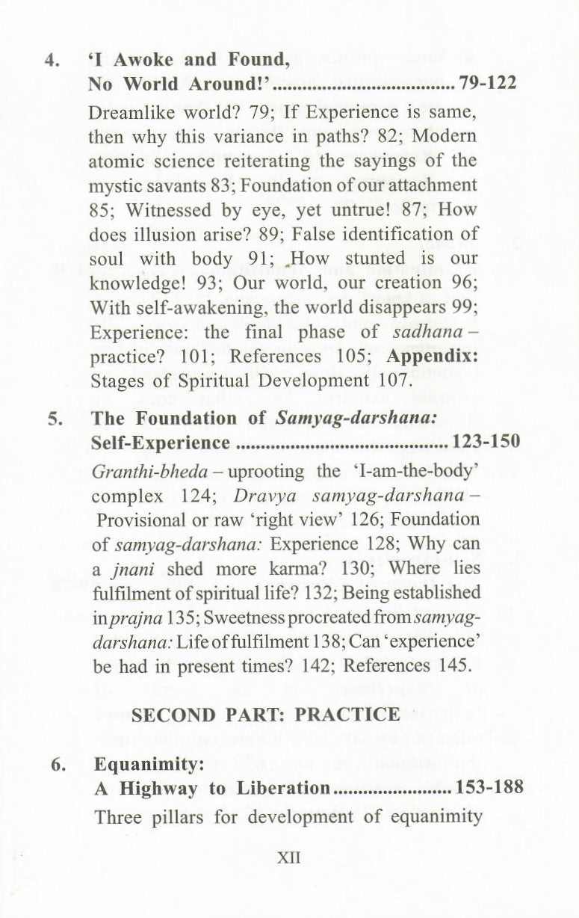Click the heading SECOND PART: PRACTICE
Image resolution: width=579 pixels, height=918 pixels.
coord(265,714)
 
